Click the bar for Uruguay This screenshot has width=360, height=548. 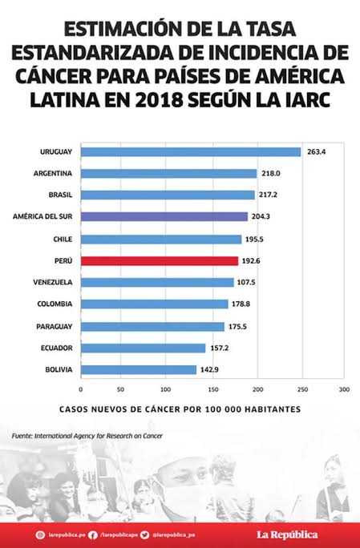[x=190, y=151]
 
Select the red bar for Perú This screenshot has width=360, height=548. [x=159, y=260]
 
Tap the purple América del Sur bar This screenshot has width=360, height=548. [x=164, y=216]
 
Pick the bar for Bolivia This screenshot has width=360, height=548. [x=138, y=369]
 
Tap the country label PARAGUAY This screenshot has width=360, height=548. [x=54, y=326]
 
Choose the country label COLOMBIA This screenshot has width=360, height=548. [x=55, y=304]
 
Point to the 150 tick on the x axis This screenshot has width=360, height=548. [x=212, y=390]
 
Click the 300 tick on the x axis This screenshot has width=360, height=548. [x=344, y=390]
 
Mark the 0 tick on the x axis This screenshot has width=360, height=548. [x=80, y=390]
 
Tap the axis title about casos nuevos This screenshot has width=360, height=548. [x=180, y=409]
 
